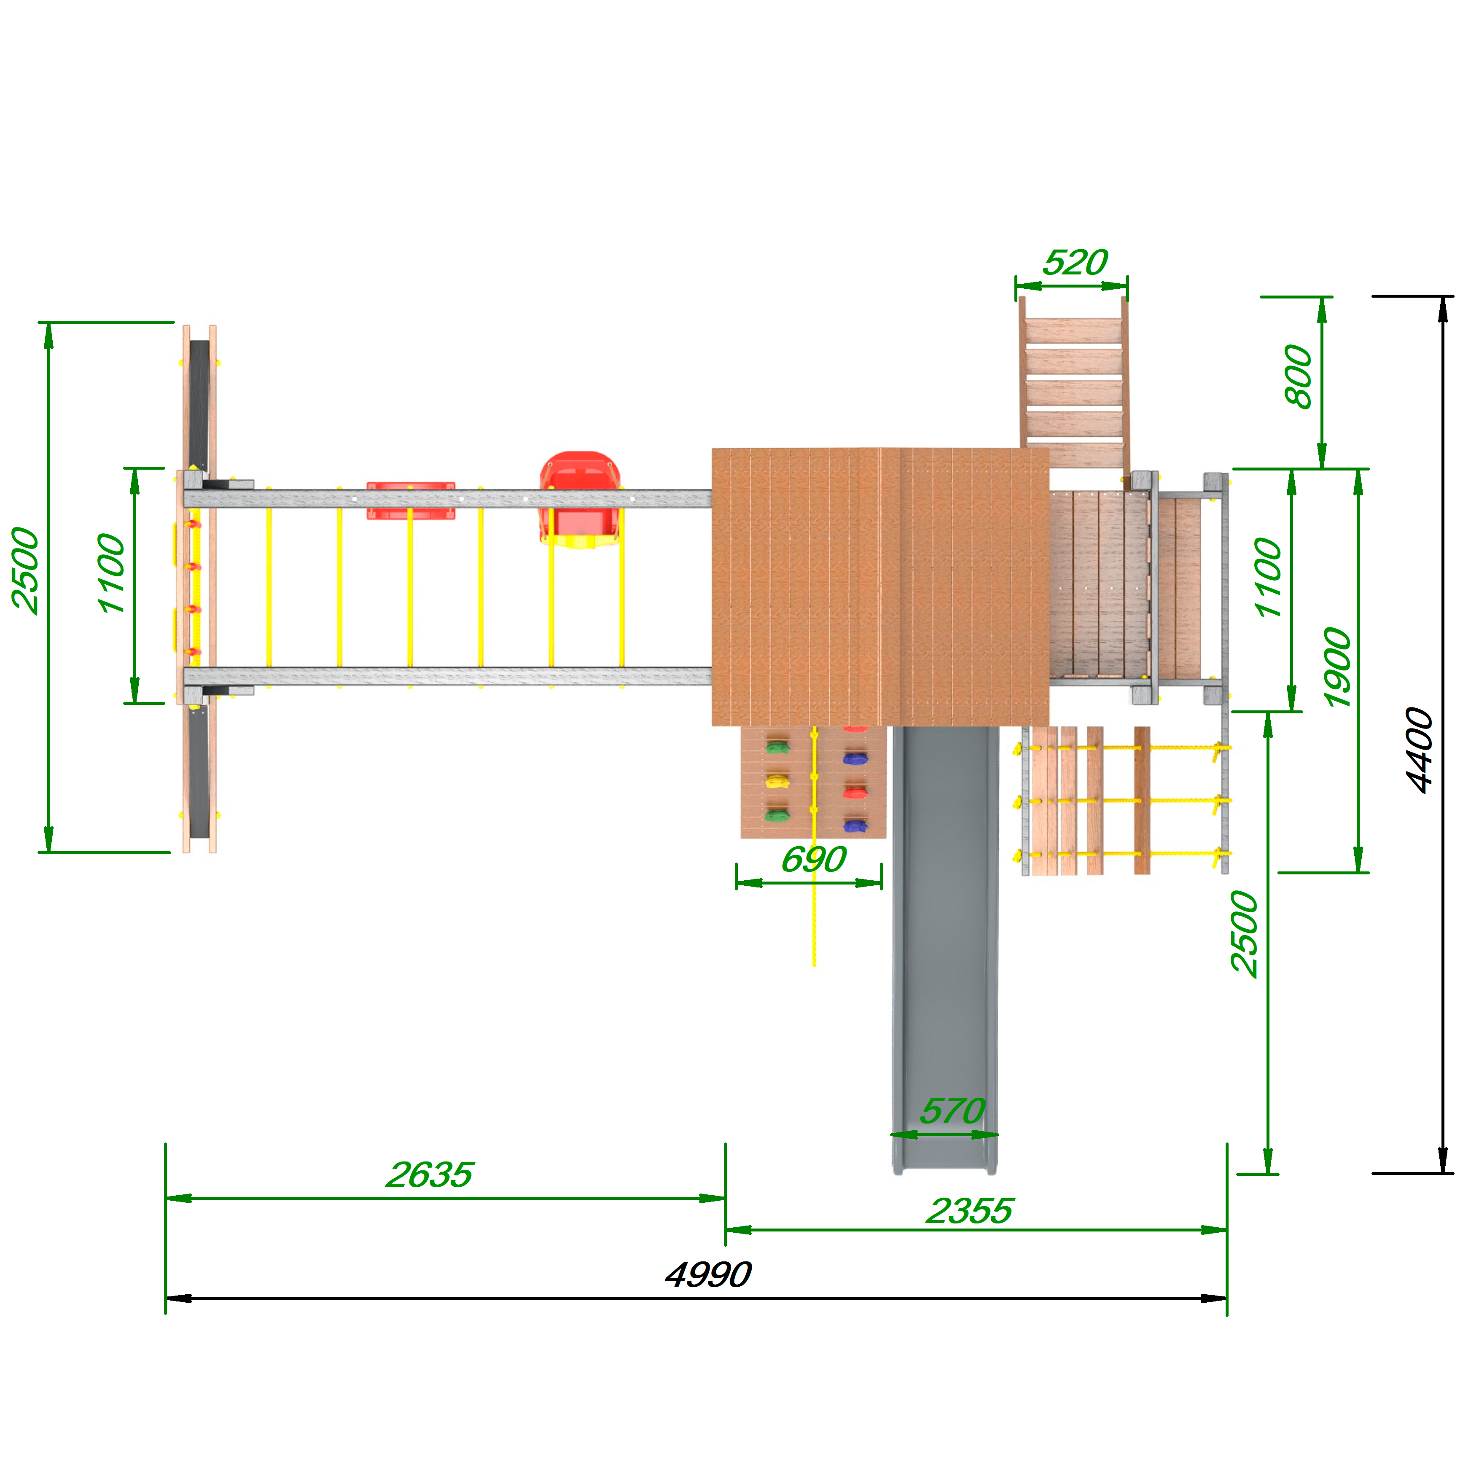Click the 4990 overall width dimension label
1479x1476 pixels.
pyautogui.click(x=708, y=1274)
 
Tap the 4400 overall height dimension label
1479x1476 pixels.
pyautogui.click(x=1420, y=750)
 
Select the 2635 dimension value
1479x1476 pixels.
pyautogui.click(x=430, y=1175)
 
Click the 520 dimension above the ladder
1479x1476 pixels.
pyautogui.click(x=1075, y=263)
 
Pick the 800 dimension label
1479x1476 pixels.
pyautogui.click(x=1298, y=376)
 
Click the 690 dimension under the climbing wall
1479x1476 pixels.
pyautogui.click(x=814, y=859)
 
